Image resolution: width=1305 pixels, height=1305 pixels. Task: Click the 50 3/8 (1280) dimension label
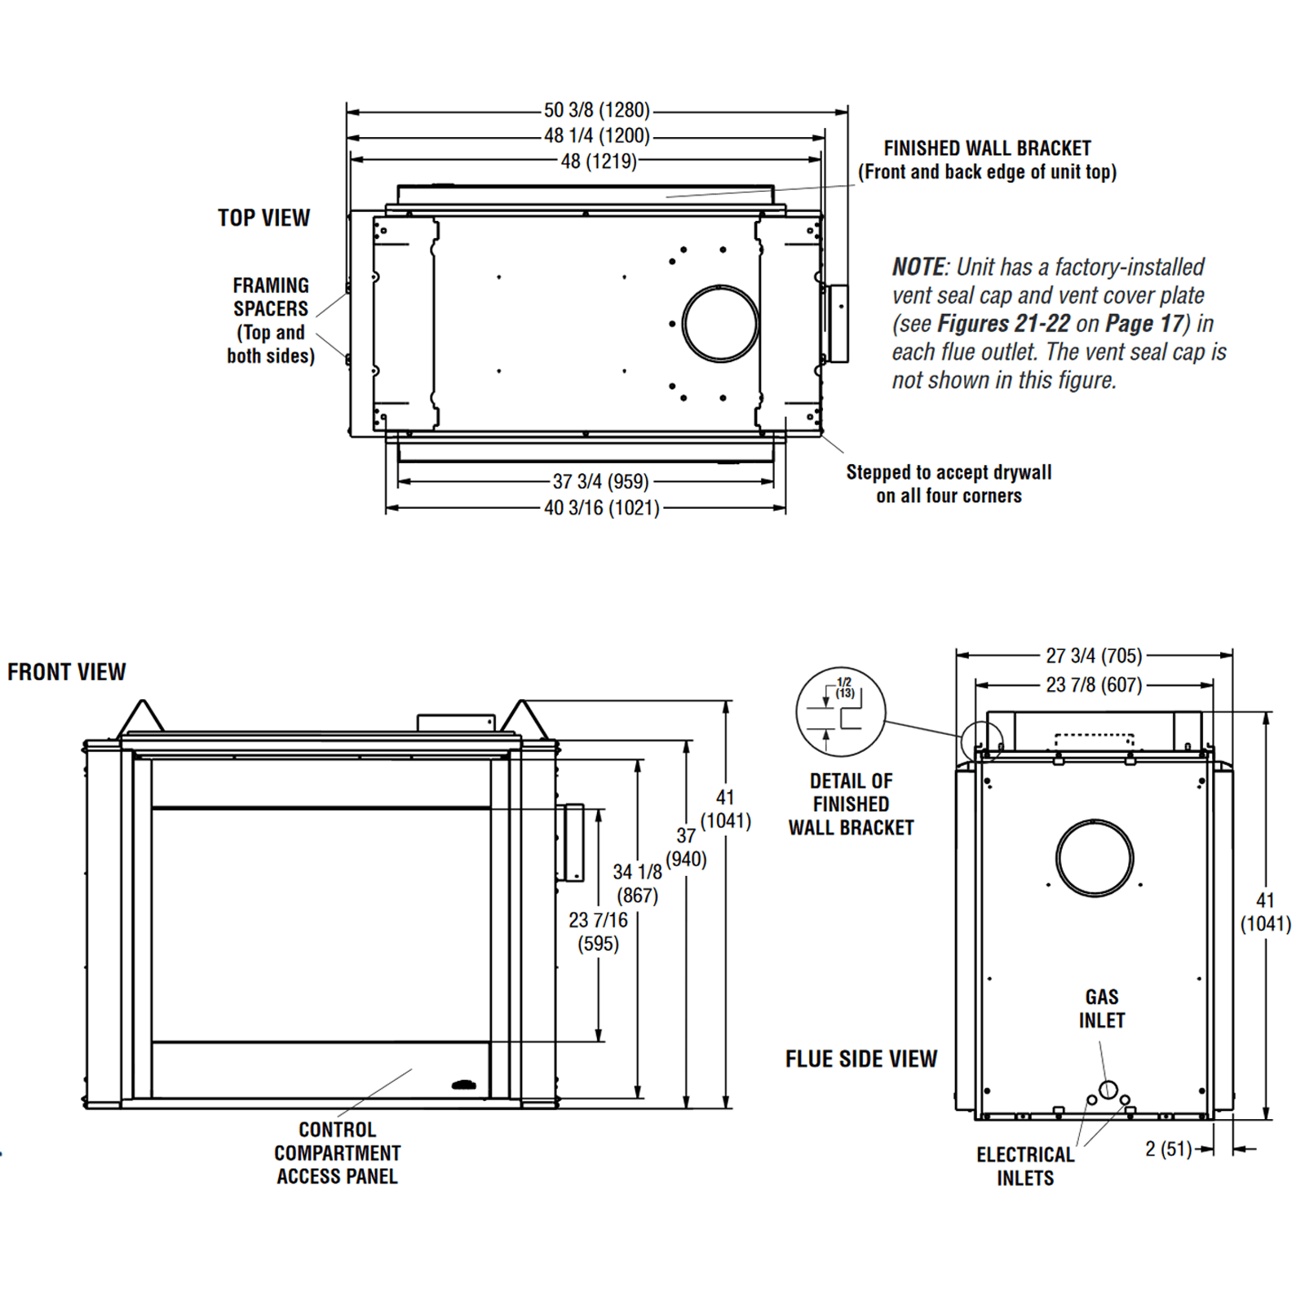click(596, 110)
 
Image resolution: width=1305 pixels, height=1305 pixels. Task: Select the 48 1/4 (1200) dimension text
click(596, 135)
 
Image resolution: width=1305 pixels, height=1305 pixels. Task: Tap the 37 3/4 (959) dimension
click(600, 481)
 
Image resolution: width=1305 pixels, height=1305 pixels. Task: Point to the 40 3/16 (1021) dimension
click(601, 508)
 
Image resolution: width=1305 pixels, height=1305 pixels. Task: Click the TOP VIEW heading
click(263, 218)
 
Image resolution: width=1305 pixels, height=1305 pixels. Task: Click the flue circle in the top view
click(720, 324)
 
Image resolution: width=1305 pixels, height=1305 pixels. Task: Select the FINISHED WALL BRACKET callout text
click(987, 160)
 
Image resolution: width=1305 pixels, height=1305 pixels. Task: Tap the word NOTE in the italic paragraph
click(918, 268)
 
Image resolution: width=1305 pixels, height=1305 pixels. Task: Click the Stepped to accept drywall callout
click(949, 484)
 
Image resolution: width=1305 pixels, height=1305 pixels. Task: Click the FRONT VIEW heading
click(67, 672)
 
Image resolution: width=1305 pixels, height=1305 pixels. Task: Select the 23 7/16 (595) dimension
click(598, 931)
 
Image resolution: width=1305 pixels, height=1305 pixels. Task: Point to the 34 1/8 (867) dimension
click(637, 883)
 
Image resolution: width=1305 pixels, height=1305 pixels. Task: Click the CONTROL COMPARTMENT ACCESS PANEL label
click(337, 1152)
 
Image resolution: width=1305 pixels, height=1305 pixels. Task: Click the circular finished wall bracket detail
click(840, 711)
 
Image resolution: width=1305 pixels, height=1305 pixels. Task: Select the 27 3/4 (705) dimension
click(1094, 656)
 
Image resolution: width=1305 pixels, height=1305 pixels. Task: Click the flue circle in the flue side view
click(1095, 858)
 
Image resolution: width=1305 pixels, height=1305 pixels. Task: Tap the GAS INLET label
click(1102, 1009)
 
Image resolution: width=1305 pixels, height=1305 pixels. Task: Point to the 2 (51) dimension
click(1168, 1149)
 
